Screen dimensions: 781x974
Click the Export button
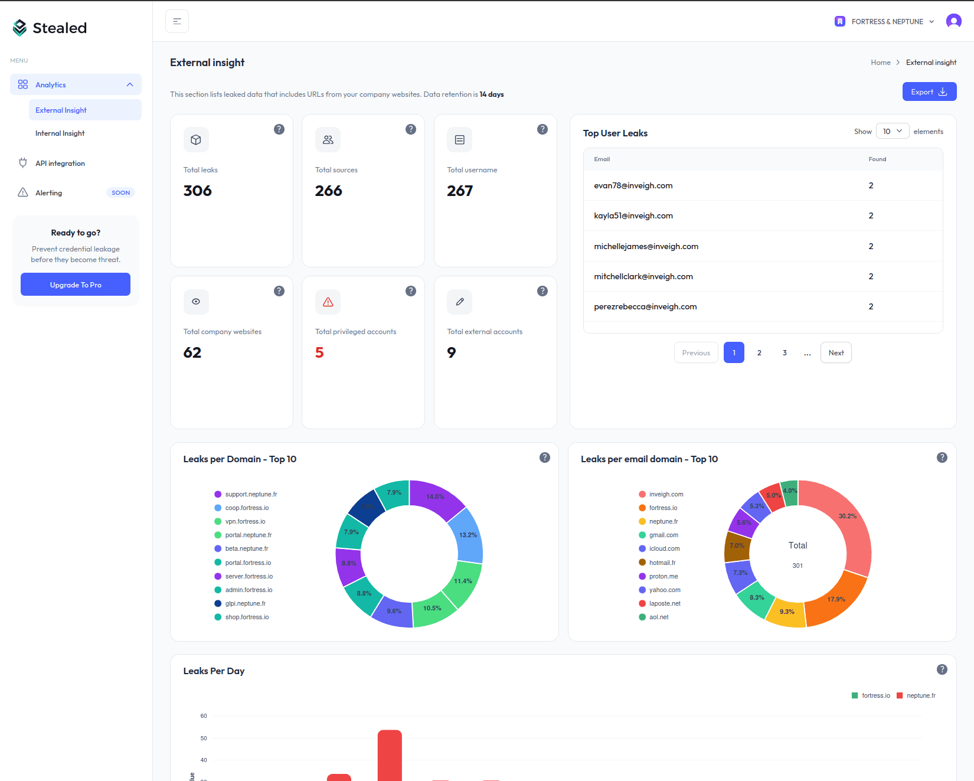(929, 92)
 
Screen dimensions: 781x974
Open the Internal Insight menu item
(60, 133)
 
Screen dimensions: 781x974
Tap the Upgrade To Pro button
(76, 285)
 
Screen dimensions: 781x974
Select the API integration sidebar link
(60, 164)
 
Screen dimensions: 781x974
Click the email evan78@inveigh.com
(633, 185)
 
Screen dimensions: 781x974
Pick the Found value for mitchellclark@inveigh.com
(871, 276)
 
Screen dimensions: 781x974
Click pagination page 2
(759, 353)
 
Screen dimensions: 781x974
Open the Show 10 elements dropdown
(892, 131)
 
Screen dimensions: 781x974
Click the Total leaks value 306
(197, 191)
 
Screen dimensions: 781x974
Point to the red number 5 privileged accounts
(319, 352)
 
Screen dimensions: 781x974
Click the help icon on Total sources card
(411, 129)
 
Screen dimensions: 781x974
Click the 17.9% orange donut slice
(836, 600)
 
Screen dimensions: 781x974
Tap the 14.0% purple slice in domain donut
(436, 497)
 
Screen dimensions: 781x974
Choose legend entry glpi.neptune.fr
(245, 603)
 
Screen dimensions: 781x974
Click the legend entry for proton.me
(663, 576)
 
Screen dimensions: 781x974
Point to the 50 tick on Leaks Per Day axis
(204, 738)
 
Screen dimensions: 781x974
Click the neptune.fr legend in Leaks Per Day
(916, 695)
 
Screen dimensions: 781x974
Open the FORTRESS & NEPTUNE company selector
(884, 22)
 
